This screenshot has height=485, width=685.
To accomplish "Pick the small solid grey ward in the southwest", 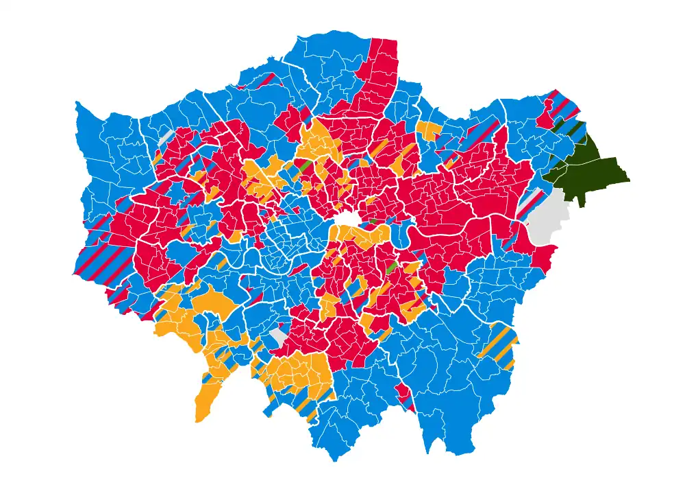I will click(x=278, y=336).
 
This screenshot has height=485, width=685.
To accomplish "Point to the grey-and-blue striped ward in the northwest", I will click(x=165, y=136).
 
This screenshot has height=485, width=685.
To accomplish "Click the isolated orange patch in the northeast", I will click(x=429, y=130).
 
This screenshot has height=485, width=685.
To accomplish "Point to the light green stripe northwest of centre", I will click(x=304, y=167).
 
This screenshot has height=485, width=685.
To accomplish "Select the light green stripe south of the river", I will click(x=392, y=268).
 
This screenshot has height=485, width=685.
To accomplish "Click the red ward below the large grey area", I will click(x=545, y=258).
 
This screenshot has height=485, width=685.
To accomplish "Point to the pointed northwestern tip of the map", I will click(x=77, y=104).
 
